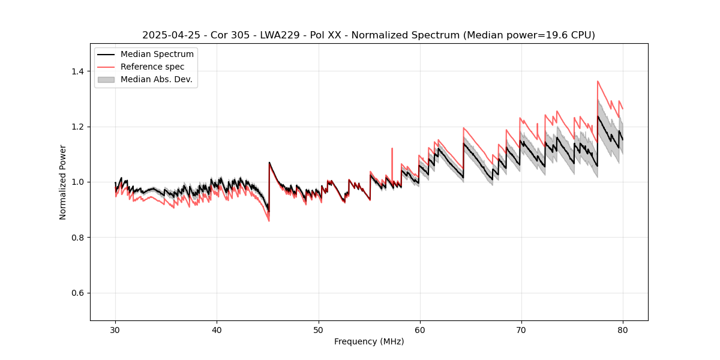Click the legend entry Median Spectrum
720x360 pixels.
(x=157, y=55)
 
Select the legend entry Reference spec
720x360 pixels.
(x=152, y=67)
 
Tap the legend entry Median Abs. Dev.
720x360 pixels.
(x=156, y=79)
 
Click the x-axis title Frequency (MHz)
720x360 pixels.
(x=369, y=341)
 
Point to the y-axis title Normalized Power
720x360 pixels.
(x=63, y=182)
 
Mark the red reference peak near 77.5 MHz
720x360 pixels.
(x=598, y=82)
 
